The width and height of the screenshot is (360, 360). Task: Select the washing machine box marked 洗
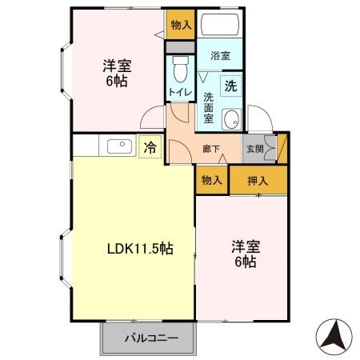230,85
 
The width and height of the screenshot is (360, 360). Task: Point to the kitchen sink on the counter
118,146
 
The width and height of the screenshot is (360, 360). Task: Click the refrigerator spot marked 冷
150,147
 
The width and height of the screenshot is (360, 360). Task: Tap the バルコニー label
150,338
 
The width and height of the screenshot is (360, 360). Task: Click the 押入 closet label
258,181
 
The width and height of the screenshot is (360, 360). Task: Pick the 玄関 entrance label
254,149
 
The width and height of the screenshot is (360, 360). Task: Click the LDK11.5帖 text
140,248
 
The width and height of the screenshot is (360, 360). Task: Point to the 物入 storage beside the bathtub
180,25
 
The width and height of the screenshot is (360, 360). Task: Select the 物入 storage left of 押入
211,181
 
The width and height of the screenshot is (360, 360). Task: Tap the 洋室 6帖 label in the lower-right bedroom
244,253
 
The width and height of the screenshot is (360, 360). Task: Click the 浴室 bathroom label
220,56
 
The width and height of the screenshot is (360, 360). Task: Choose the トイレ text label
178,93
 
